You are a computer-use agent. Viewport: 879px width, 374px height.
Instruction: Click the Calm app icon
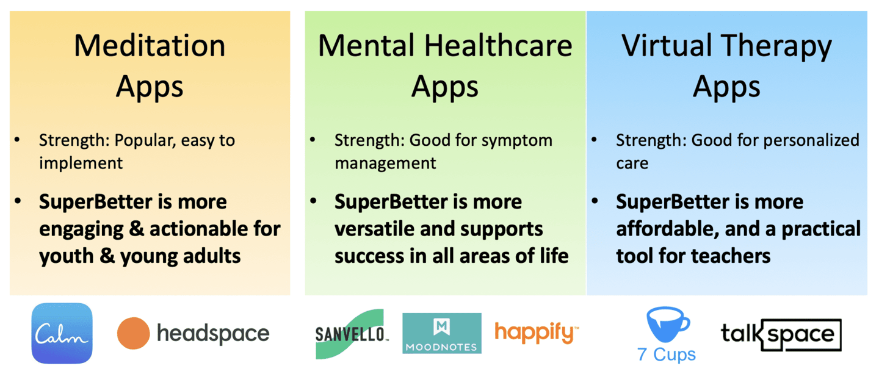[62, 333]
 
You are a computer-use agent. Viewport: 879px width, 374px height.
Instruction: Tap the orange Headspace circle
[134, 333]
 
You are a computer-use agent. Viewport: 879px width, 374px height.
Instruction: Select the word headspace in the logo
[213, 334]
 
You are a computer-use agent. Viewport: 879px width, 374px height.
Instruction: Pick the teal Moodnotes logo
[442, 333]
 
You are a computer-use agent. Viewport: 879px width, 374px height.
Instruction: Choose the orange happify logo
[537, 333]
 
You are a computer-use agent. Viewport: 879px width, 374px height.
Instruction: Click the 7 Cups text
[667, 354]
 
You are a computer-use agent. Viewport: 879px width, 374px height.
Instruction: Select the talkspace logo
[781, 334]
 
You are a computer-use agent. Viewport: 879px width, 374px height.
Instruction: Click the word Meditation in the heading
[150, 46]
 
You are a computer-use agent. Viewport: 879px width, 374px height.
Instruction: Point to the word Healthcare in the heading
[498, 46]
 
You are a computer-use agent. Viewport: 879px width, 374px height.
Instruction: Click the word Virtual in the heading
[667, 46]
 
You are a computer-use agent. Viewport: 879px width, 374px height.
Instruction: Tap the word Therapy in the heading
[776, 48]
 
